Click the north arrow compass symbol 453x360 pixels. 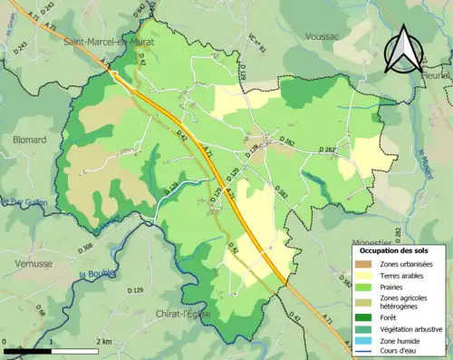click(402, 49)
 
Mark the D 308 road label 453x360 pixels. click(85, 248)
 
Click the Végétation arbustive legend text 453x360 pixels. click(414, 328)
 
